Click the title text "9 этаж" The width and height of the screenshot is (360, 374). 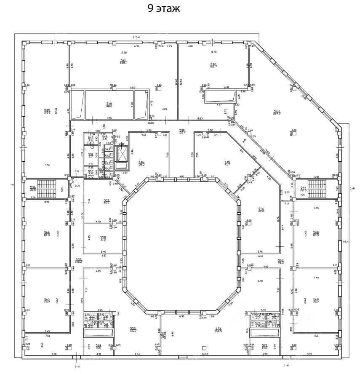point(164,9)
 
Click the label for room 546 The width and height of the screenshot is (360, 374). point(141,162)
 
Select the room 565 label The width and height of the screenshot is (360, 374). point(47,301)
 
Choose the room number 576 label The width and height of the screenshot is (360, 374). point(261,209)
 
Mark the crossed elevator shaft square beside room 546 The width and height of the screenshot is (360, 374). point(122,155)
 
